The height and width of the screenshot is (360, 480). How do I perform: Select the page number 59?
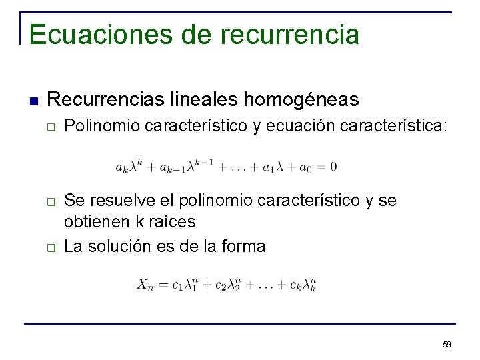[447, 344]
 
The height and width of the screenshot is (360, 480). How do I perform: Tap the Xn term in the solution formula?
[146, 285]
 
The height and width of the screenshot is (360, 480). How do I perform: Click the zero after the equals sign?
[333, 166]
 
